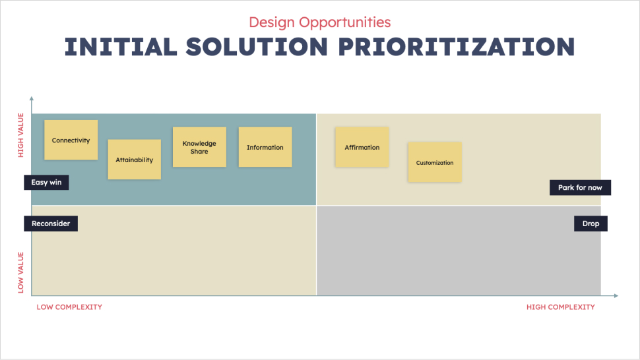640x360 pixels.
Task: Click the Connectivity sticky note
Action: [x=71, y=140]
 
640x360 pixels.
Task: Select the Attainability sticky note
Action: [x=135, y=160]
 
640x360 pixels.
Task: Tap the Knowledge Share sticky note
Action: [x=199, y=147]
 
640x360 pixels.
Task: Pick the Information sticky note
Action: [x=265, y=147]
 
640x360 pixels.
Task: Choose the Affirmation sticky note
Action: [x=362, y=147]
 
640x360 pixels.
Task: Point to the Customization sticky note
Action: [x=435, y=162]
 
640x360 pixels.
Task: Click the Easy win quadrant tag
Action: [x=46, y=182]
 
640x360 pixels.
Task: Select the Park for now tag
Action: [x=580, y=187]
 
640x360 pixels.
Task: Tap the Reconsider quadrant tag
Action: [x=51, y=224]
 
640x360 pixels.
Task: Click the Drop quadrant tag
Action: [x=591, y=224]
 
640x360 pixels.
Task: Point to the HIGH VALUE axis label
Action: [x=21, y=135]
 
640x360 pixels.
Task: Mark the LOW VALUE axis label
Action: [x=21, y=273]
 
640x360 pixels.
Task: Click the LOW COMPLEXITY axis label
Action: [x=69, y=307]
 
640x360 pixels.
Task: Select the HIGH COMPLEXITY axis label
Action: [x=560, y=307]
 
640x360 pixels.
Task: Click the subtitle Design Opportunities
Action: [x=320, y=22]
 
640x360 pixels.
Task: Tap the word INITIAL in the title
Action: [x=121, y=46]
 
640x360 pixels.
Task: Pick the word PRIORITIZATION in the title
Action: [x=457, y=46]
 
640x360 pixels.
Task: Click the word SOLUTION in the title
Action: [x=257, y=46]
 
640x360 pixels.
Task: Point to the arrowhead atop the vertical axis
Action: [x=32, y=99]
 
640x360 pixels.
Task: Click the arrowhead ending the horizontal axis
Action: [x=616, y=295]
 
